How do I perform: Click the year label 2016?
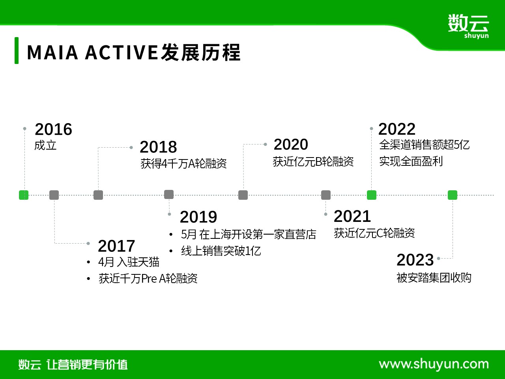tap(53, 129)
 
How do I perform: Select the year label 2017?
tap(116, 246)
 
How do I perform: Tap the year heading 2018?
tap(158, 147)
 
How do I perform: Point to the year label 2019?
tap(198, 217)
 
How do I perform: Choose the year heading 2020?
tap(291, 144)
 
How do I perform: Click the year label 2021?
tap(352, 216)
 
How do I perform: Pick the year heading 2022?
tap(397, 129)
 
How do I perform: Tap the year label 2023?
tap(415, 260)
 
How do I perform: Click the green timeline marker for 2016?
tap(24, 195)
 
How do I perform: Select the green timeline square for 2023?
tap(453, 195)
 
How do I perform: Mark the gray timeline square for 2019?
tap(169, 195)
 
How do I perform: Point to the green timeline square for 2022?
tap(372, 195)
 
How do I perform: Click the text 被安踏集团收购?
tap(434, 278)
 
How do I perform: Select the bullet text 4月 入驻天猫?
tap(129, 262)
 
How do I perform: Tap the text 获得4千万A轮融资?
tap(183, 163)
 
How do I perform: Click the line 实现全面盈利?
tap(411, 161)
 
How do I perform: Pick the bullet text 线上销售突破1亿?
tap(221, 251)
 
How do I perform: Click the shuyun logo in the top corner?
tap(468, 26)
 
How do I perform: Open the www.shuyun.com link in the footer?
tap(434, 364)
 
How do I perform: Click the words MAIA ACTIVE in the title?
tap(92, 52)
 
